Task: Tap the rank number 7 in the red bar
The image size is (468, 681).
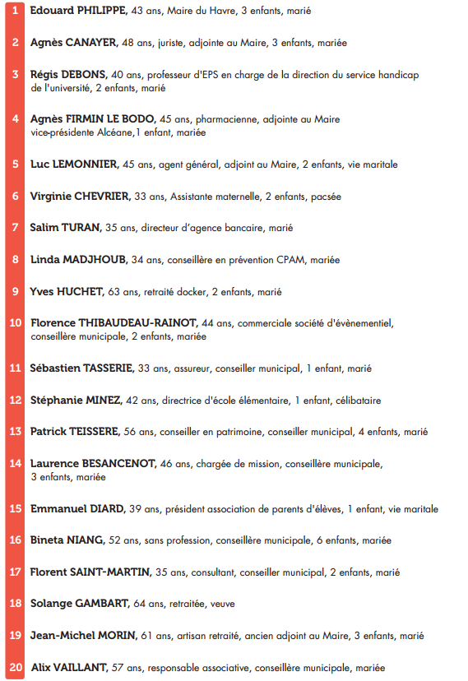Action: [16, 228]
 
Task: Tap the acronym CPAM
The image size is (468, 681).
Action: [287, 260]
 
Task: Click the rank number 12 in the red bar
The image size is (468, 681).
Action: [16, 401]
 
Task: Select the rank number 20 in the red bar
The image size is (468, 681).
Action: [16, 668]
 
